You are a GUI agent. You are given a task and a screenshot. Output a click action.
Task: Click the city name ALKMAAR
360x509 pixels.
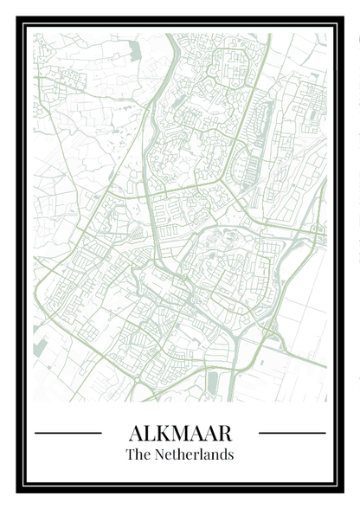pyautogui.click(x=179, y=433)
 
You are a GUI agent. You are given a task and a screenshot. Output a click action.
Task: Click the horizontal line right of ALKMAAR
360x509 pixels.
pyautogui.click(x=292, y=433)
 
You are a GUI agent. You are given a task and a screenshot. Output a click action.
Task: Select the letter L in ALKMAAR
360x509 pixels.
pyautogui.click(x=150, y=433)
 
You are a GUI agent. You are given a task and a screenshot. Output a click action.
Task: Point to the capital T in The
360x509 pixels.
pyautogui.click(x=130, y=454)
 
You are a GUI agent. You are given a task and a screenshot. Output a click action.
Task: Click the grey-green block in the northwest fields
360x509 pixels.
pyautogui.click(x=135, y=51)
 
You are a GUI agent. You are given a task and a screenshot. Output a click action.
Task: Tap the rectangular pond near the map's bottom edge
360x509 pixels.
pyautogui.click(x=213, y=382)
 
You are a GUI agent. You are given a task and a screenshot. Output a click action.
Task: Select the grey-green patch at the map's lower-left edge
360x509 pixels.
pyautogui.click(x=40, y=347)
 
